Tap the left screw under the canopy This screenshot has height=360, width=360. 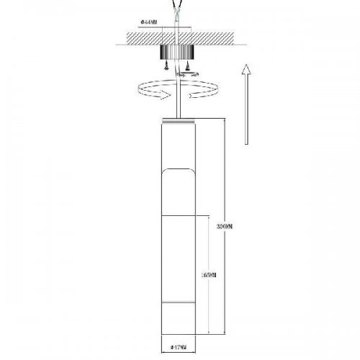[x=167, y=67]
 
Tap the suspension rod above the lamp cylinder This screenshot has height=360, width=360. [x=177, y=101]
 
